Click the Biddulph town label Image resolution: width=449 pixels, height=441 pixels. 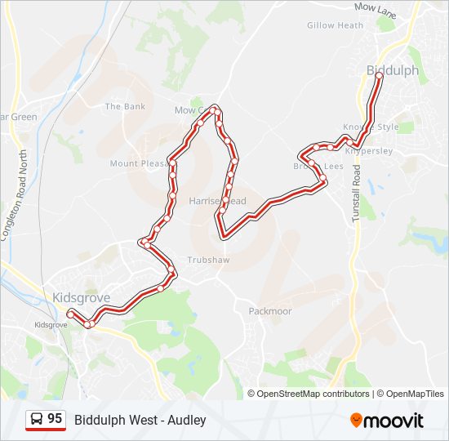[x=393, y=71]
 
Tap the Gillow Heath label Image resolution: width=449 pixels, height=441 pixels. [x=335, y=25]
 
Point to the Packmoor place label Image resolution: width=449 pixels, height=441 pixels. [x=269, y=311]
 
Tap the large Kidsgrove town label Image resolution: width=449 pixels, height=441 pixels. [x=80, y=297]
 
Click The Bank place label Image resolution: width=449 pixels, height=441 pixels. [x=125, y=107]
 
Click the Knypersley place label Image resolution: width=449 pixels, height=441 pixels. [x=369, y=151]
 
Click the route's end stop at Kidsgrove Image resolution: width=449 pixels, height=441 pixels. [x=70, y=314]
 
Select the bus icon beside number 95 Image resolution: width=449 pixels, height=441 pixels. [x=37, y=420]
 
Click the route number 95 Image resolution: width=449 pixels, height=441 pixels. [x=55, y=419]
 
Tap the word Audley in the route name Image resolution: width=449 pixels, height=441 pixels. [x=189, y=421]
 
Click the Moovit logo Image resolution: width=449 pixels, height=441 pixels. [x=387, y=421]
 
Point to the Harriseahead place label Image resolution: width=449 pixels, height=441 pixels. [x=216, y=201]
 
